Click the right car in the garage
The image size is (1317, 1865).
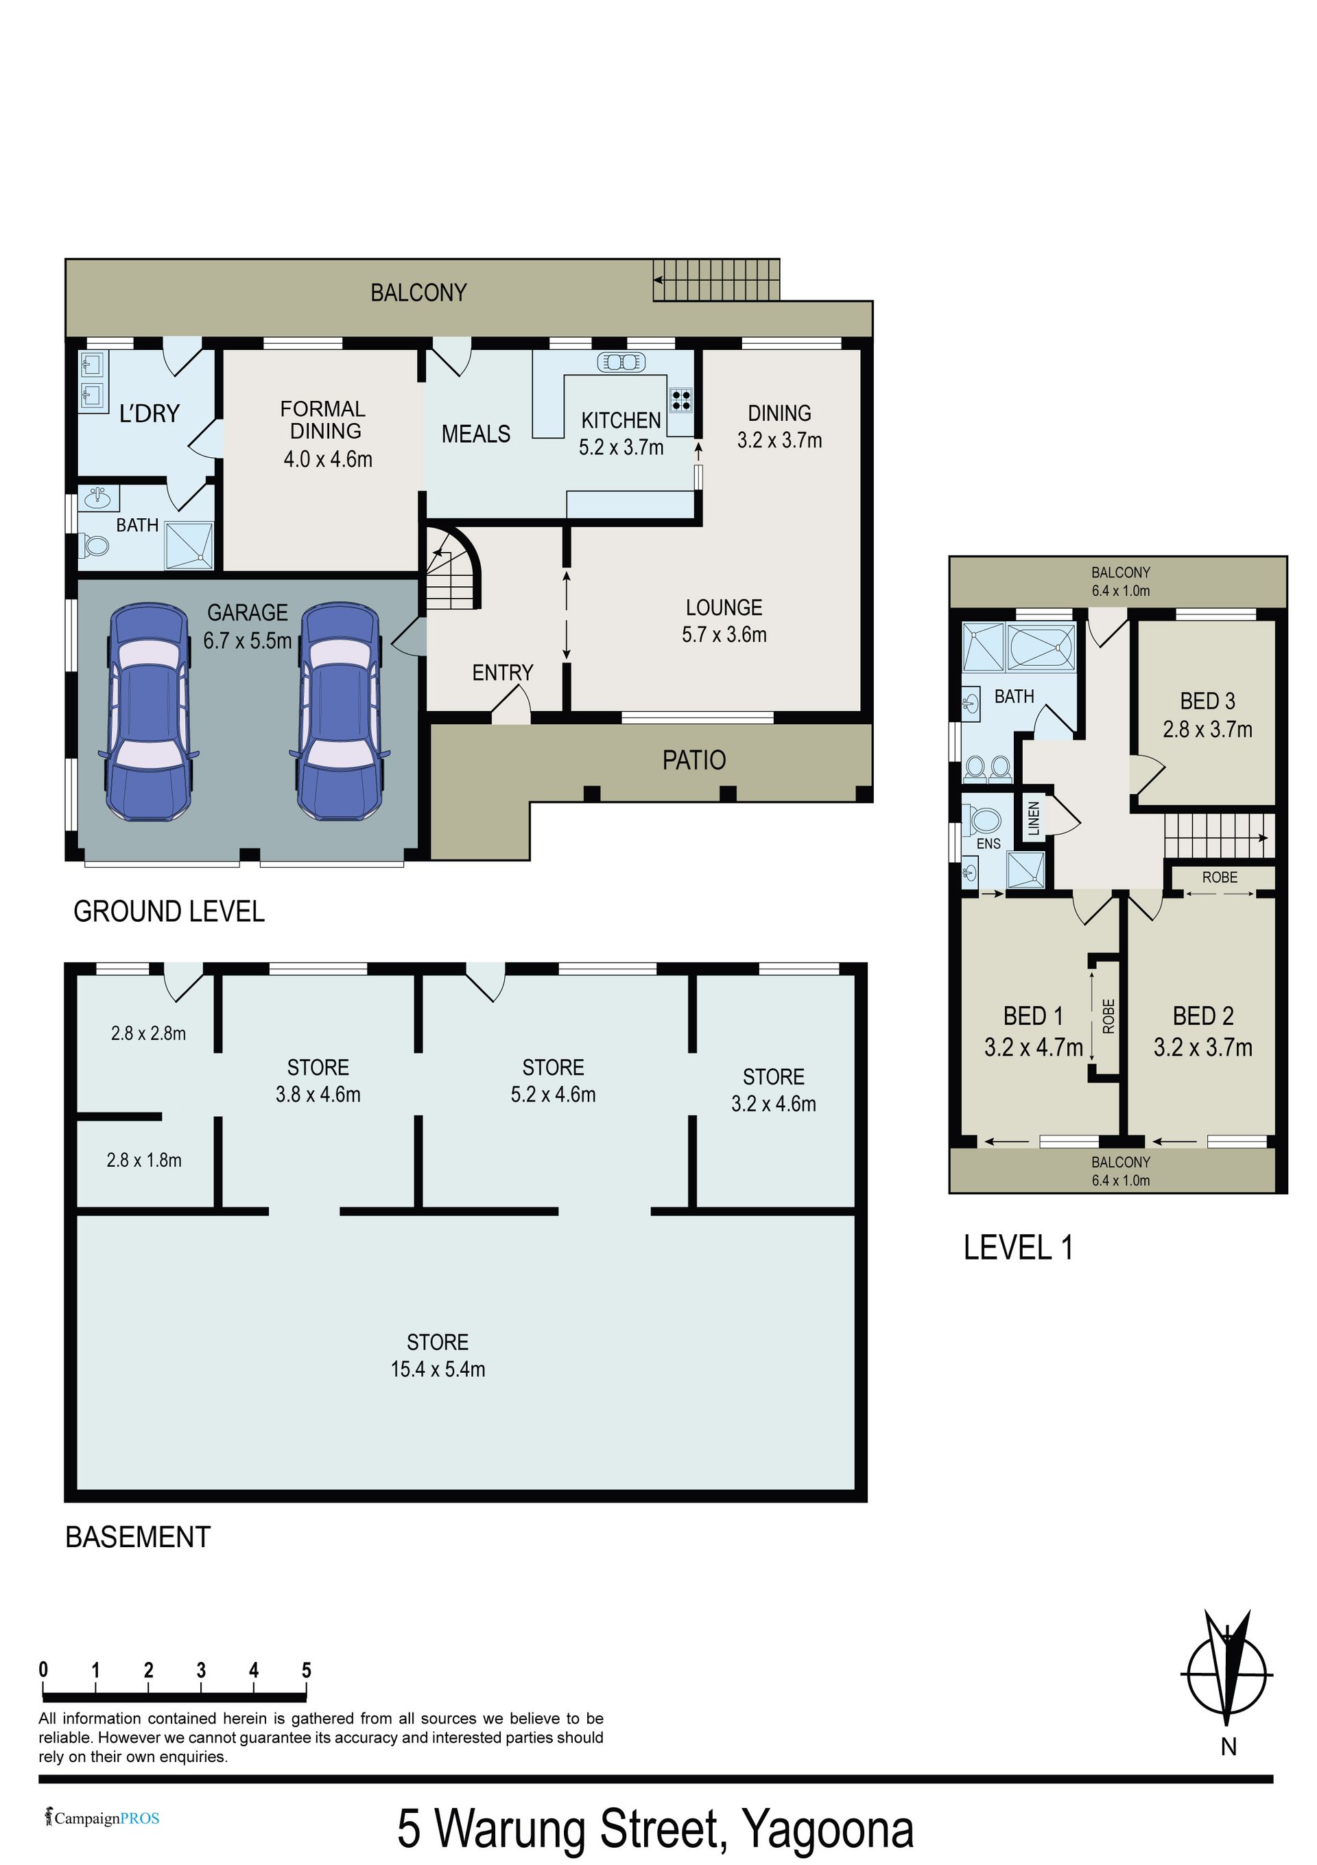(x=340, y=710)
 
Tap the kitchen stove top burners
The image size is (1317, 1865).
(x=680, y=399)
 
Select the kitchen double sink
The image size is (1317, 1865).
(x=621, y=362)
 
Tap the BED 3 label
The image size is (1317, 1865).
(x=1207, y=700)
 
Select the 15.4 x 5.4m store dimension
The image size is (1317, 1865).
(x=438, y=1369)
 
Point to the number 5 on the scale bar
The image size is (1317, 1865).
(x=306, y=1670)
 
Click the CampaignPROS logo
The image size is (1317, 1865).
(x=102, y=1818)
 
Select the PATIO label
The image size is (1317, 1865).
(x=694, y=761)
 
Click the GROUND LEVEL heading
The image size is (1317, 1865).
(x=169, y=912)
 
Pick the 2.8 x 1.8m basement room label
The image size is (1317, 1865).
(x=144, y=1160)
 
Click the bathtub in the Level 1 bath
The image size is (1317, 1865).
(x=1041, y=647)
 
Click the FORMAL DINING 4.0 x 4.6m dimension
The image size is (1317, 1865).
(x=328, y=460)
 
